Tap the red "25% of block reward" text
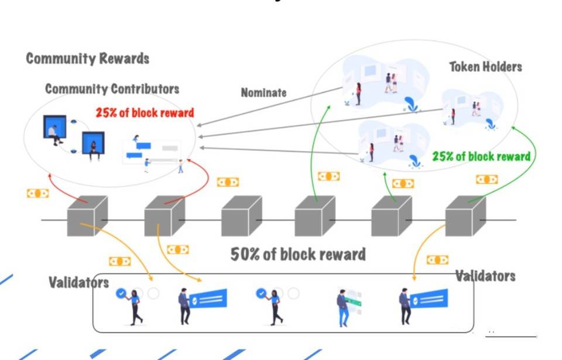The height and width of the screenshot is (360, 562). (145, 112)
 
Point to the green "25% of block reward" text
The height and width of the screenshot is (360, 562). (481, 156)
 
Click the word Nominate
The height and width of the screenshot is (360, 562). (264, 92)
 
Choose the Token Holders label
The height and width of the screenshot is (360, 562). (485, 67)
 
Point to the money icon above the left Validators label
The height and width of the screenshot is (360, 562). (119, 261)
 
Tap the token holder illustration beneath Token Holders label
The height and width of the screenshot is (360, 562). (468, 110)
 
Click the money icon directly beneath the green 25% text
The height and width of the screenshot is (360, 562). (486, 179)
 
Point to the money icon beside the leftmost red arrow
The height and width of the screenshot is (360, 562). (37, 193)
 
